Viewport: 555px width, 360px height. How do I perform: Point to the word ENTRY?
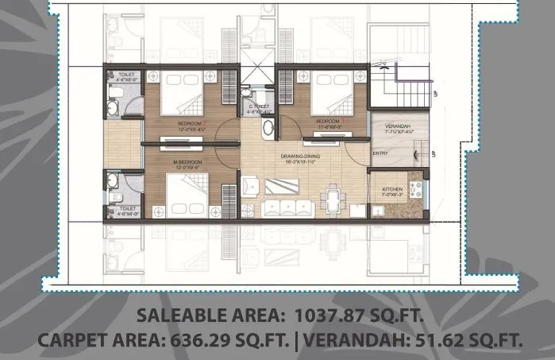click(380, 153)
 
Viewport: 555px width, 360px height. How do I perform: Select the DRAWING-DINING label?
click(300, 157)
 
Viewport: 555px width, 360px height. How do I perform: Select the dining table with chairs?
click(332, 197)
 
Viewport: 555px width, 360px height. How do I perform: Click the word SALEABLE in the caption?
click(179, 315)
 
